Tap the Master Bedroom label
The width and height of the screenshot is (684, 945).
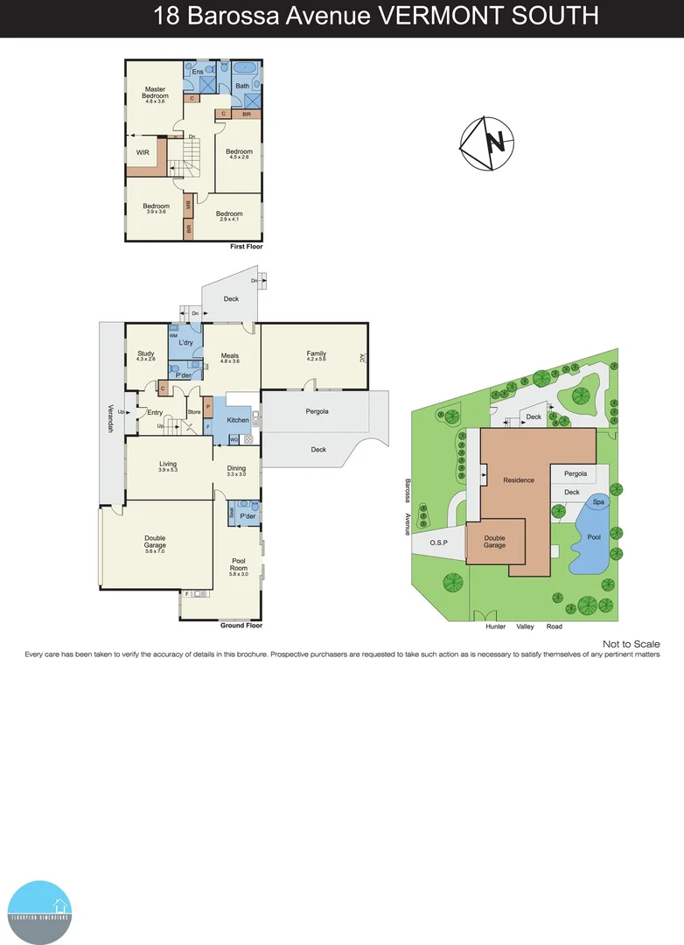tap(156, 93)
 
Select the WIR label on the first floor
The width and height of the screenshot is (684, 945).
tap(143, 152)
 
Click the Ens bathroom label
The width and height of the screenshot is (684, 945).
tap(198, 72)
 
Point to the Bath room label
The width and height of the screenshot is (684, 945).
tap(241, 86)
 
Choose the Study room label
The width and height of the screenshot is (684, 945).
tap(145, 353)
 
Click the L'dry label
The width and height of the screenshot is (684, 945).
tap(185, 342)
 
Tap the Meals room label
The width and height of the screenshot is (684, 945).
tap(230, 356)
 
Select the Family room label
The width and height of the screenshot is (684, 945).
tap(316, 353)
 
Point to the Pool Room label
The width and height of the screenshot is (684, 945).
tap(239, 564)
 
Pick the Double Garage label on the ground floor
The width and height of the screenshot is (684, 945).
tap(155, 542)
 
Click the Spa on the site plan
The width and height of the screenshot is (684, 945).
tap(598, 502)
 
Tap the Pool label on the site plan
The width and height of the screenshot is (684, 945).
tap(594, 536)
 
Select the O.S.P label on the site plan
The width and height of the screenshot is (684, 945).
tap(438, 542)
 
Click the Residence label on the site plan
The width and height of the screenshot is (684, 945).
tap(518, 479)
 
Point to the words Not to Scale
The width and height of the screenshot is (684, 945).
tap(631, 644)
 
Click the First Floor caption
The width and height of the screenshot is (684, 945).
tap(246, 247)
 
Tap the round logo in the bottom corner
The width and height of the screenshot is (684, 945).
tap(39, 912)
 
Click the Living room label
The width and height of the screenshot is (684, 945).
tap(168, 465)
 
